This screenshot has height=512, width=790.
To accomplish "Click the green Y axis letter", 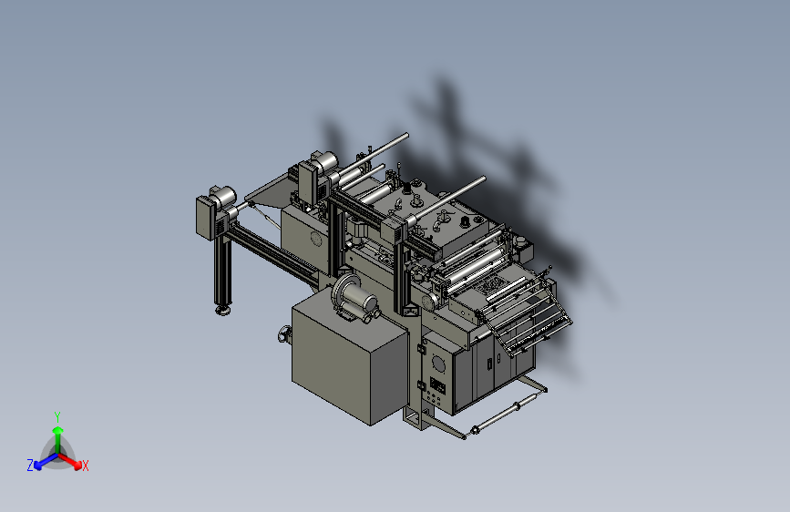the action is [x=56, y=416].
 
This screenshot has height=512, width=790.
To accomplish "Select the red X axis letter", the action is [x=85, y=466].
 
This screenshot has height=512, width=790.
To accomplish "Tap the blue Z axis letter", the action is [x=30, y=466].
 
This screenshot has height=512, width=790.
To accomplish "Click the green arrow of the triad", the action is [x=58, y=439].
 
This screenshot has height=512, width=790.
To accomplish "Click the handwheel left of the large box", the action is [x=284, y=334].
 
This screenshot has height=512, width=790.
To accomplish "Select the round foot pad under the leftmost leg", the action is [x=222, y=309].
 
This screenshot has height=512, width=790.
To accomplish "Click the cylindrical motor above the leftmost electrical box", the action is [x=224, y=196].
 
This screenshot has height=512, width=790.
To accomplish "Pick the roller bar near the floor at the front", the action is [x=504, y=415].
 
